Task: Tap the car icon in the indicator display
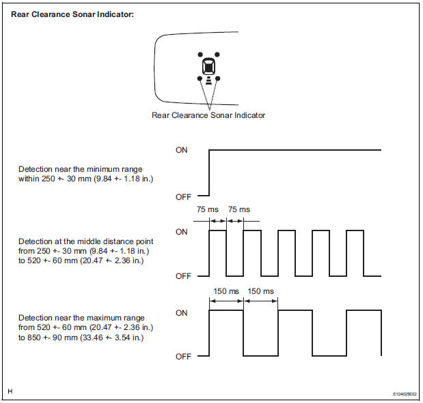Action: click(x=208, y=68)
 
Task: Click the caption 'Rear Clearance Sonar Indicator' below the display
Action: click(x=208, y=115)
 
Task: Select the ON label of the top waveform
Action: click(x=181, y=150)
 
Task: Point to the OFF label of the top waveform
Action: click(x=182, y=196)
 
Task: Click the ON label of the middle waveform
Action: click(x=181, y=232)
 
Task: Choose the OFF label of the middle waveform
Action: click(x=182, y=276)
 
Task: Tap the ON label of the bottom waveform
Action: click(x=181, y=313)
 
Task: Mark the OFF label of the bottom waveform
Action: click(x=182, y=357)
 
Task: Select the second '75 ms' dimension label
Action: click(x=238, y=209)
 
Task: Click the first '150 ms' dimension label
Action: click(x=226, y=291)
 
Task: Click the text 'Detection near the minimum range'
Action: click(x=81, y=168)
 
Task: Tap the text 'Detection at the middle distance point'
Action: click(x=85, y=241)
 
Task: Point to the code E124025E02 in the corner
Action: click(x=394, y=393)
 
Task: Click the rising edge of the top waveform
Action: click(x=209, y=173)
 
